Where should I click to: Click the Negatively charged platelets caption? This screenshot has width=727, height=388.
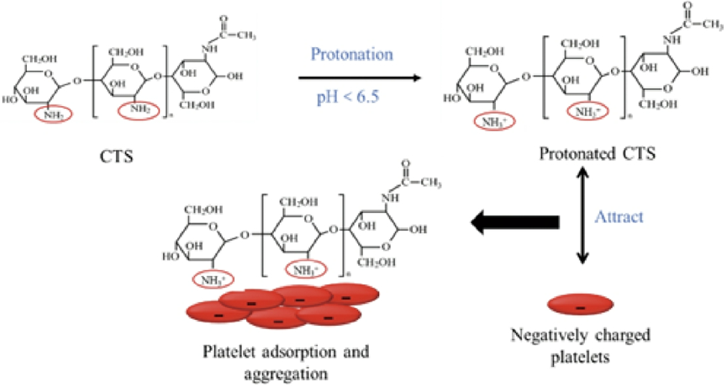click(580, 346)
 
